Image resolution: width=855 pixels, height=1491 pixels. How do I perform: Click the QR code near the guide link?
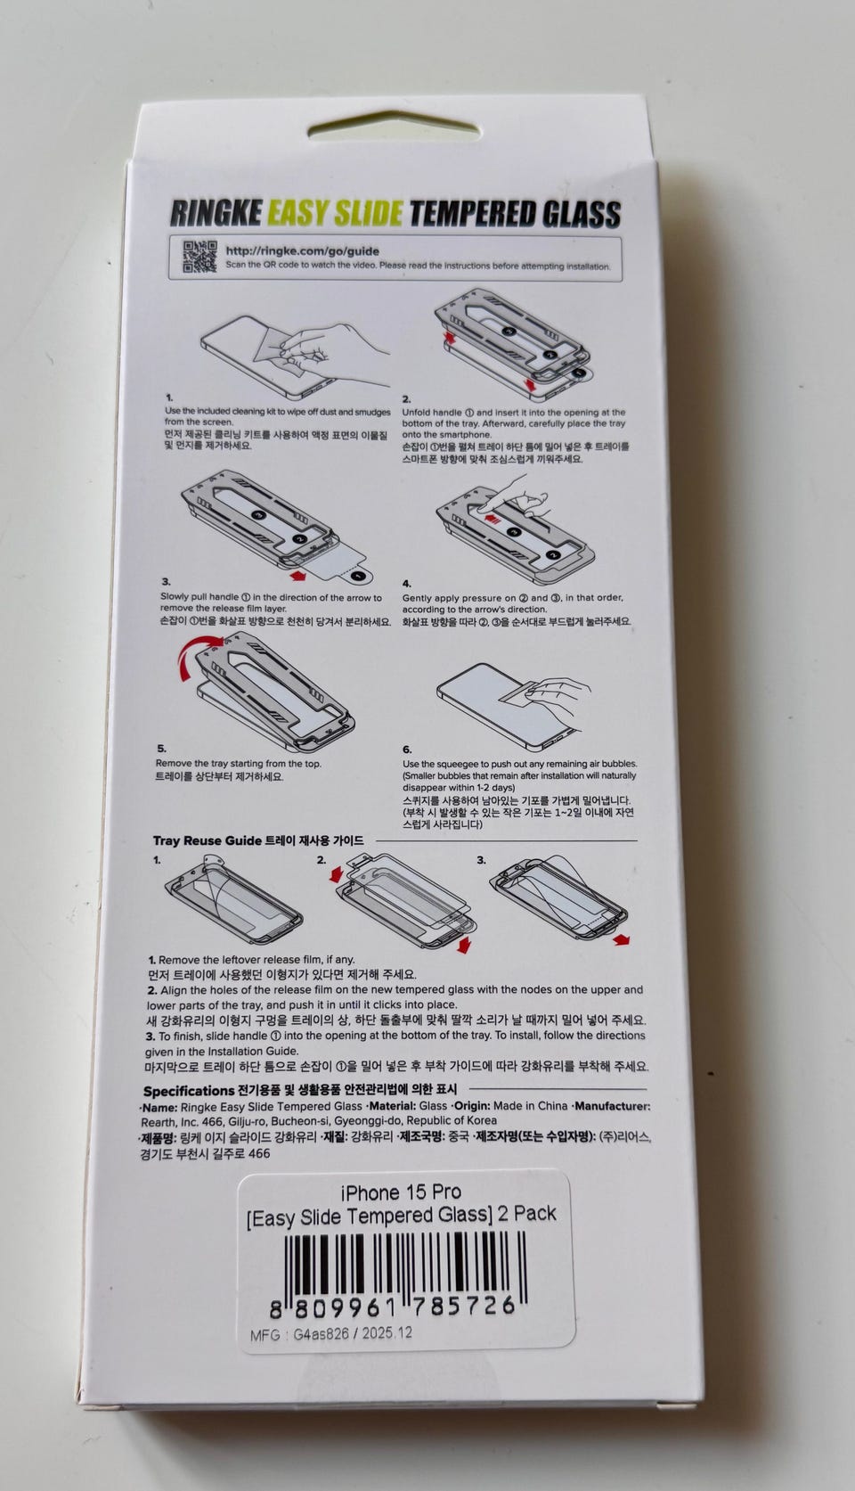pos(199,257)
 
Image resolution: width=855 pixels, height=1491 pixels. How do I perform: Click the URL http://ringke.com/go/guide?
pos(302,251)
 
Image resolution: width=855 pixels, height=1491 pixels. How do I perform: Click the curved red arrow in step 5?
pos(199,656)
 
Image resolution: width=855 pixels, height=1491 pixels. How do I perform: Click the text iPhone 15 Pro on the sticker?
pos(401,1192)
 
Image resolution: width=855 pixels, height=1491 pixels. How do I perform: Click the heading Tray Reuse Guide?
pos(207,840)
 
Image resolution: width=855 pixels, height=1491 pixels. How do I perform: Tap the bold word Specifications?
pos(188,1091)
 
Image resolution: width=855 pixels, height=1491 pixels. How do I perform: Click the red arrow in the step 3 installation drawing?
pos(297,575)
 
